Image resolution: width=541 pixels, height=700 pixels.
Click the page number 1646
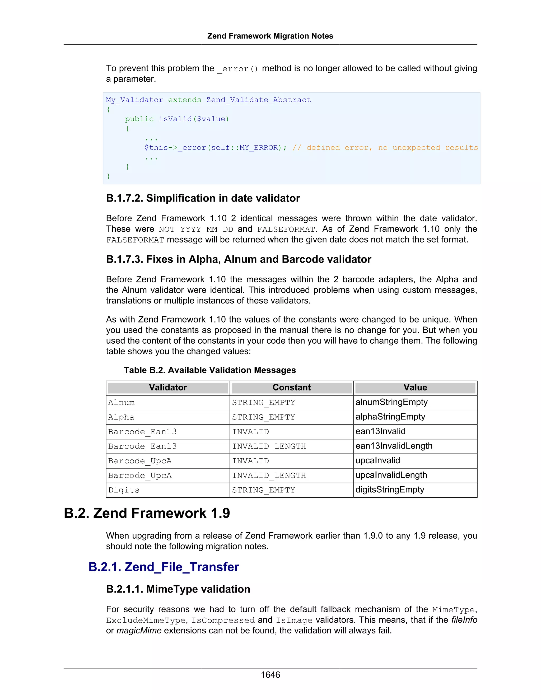coord(270,675)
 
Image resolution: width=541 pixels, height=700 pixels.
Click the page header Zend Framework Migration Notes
coord(270,36)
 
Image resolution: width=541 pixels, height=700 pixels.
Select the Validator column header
coord(168,388)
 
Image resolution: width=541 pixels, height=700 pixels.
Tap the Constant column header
coord(291,388)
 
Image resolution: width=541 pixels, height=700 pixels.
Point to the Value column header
coord(415,388)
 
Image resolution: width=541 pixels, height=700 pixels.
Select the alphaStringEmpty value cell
coord(390,417)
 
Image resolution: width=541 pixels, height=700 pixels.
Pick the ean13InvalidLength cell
coord(394,446)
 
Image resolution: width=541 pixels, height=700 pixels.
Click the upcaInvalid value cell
coord(377,461)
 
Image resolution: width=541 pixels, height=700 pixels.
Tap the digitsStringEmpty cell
coord(390,490)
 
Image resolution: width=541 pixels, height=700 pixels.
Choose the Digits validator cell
coord(124,490)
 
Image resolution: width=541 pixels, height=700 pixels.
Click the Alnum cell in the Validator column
coord(122,403)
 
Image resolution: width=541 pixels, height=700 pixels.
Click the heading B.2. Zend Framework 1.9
coord(147,513)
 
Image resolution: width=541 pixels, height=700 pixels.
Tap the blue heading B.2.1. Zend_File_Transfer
coord(164,567)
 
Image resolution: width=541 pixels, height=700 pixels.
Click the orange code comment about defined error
coord(385,148)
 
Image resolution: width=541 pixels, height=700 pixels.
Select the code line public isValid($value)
coord(177,119)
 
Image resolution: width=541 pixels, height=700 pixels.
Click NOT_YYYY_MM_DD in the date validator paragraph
coord(196,230)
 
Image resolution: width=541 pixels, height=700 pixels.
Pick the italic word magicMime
coord(139,631)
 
